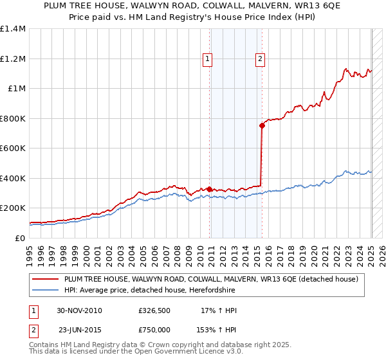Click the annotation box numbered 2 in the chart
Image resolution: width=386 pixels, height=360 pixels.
point(261,59)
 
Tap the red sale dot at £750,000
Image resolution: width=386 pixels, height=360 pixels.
point(262,126)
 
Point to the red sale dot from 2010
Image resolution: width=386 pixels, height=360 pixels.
point(210,189)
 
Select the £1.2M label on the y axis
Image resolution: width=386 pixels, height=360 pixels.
point(13,59)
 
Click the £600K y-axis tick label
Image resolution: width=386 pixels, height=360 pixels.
point(13,148)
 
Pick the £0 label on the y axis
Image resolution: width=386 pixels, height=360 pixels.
point(19,238)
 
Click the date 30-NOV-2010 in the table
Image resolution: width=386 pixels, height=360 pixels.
point(79,310)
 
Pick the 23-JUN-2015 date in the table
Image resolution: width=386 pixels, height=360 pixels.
point(79,329)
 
